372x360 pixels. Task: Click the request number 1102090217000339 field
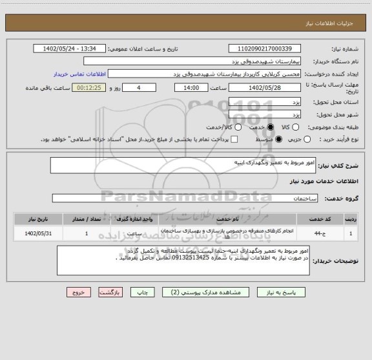pos(264,49)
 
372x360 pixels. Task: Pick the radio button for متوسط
pos(279,139)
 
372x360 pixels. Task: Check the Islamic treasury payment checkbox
pos(234,139)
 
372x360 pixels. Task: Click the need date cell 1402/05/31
pos(39,233)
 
